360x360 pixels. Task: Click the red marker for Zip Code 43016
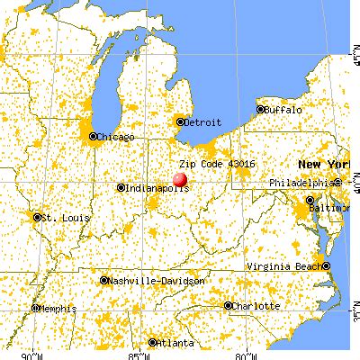(x=181, y=179)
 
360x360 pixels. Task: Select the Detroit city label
(x=202, y=121)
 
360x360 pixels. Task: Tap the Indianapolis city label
(x=157, y=188)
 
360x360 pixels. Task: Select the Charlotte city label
(x=256, y=306)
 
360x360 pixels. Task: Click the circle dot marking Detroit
(x=180, y=121)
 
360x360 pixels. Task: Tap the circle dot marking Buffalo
(x=261, y=109)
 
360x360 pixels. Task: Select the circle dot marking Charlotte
(x=229, y=306)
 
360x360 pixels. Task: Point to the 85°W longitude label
(x=137, y=353)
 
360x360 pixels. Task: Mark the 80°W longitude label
(x=243, y=353)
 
